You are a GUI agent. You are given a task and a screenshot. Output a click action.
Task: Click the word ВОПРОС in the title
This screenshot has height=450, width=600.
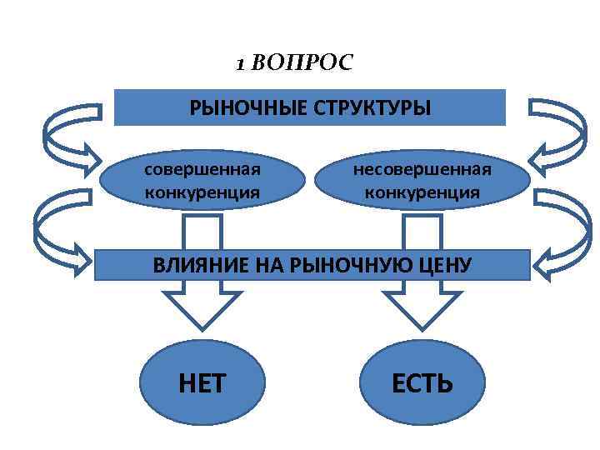click(302, 62)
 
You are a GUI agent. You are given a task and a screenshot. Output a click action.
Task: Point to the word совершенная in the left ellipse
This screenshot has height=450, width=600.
click(202, 169)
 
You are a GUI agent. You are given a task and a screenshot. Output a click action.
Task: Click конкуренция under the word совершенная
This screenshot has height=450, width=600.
click(202, 192)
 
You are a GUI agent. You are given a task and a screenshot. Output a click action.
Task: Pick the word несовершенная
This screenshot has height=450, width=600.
click(422, 169)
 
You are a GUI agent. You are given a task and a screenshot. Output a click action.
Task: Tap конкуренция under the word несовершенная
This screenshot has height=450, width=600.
click(422, 192)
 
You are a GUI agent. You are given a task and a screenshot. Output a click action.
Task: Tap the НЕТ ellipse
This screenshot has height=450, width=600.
click(202, 382)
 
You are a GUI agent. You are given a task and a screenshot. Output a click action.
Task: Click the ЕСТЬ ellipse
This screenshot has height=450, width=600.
click(422, 382)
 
